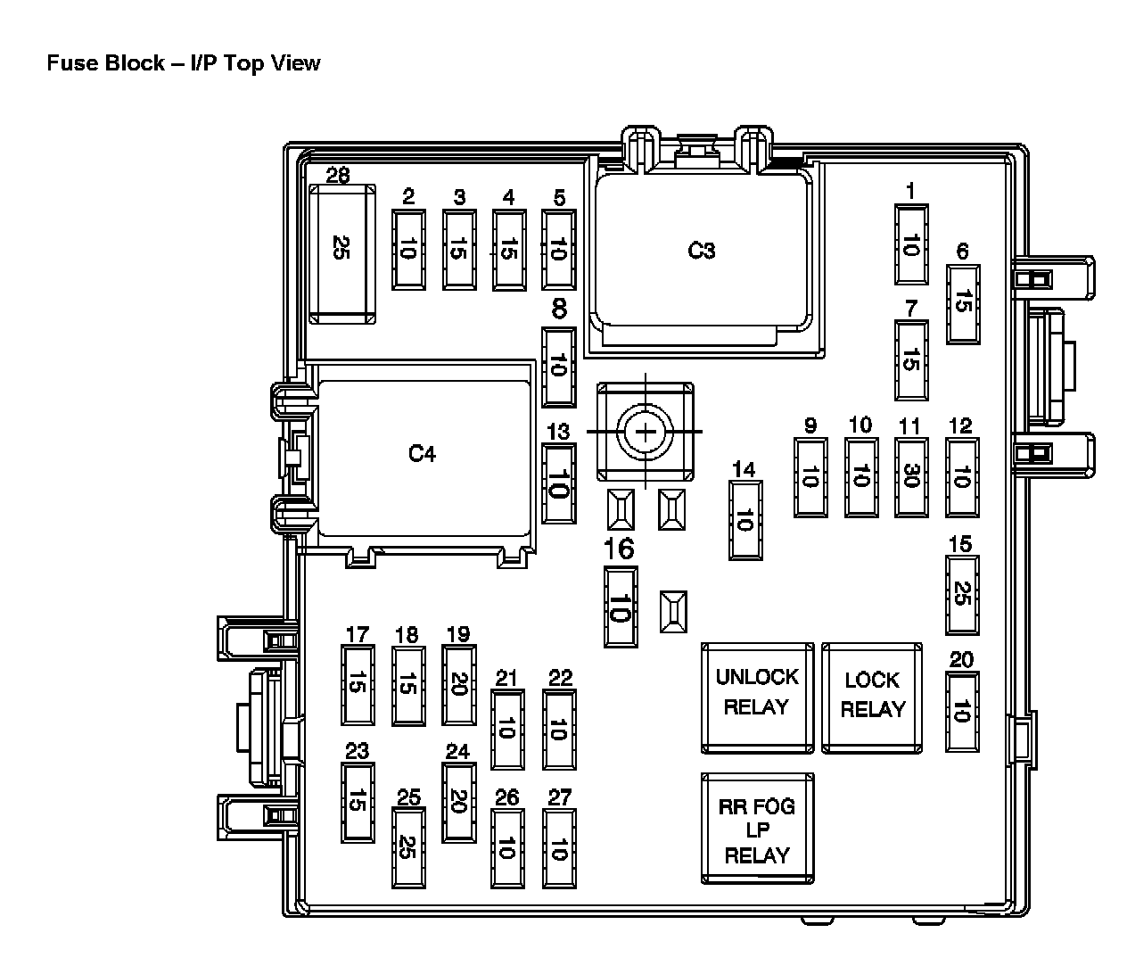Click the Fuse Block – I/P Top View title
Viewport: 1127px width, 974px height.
pyautogui.click(x=183, y=63)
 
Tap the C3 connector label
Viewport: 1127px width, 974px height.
pyautogui.click(x=702, y=251)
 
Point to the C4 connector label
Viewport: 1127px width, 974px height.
pyautogui.click(x=422, y=454)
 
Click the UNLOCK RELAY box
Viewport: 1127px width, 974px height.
pyautogui.click(x=757, y=695)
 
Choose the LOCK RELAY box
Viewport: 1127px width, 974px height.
pyautogui.click(x=872, y=696)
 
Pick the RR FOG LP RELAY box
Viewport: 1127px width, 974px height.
pyautogui.click(x=757, y=830)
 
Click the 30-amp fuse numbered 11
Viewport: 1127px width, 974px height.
pyautogui.click(x=910, y=477)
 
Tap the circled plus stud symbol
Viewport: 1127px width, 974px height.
pyautogui.click(x=645, y=433)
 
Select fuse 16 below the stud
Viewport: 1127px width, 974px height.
pyautogui.click(x=621, y=607)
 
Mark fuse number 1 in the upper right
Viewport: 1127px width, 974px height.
pyautogui.click(x=910, y=244)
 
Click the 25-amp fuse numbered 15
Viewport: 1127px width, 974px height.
pyautogui.click(x=961, y=594)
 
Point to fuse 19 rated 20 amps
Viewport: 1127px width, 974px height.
pyautogui.click(x=458, y=685)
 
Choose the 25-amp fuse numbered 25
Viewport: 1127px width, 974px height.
pyautogui.click(x=408, y=846)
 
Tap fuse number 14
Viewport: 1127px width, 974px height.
pyautogui.click(x=744, y=520)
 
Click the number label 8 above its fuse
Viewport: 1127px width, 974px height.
pyautogui.click(x=559, y=310)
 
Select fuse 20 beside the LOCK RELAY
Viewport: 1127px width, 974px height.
pyautogui.click(x=961, y=713)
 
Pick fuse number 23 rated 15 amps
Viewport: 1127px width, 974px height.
pyautogui.click(x=357, y=803)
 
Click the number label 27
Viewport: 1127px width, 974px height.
pyautogui.click(x=560, y=797)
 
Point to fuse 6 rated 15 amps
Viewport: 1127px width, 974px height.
pyautogui.click(x=962, y=303)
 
